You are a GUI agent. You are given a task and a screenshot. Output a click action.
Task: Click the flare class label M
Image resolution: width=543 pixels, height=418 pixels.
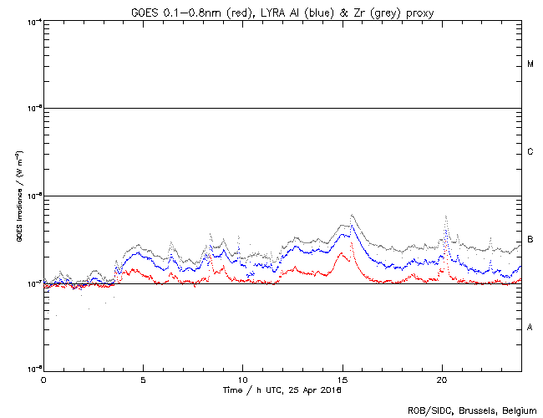tap(530, 64)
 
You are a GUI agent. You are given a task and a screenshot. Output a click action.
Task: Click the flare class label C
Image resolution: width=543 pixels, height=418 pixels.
tap(530, 152)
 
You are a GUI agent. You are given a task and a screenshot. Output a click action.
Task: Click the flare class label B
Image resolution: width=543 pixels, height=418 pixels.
tap(530, 240)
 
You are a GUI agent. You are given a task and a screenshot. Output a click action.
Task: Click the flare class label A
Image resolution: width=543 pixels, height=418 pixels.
tap(530, 327)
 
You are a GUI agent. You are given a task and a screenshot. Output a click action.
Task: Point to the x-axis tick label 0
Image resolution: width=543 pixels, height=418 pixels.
tap(43, 379)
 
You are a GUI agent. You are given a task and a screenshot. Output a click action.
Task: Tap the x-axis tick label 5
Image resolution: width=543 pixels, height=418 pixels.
tap(143, 379)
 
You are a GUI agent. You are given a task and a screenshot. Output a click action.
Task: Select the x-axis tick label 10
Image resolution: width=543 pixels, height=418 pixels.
tap(242, 379)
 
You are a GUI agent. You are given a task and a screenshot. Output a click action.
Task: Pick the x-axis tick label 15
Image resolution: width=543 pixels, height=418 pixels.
tap(343, 379)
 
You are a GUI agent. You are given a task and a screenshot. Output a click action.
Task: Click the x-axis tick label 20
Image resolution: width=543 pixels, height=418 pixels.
tap(442, 379)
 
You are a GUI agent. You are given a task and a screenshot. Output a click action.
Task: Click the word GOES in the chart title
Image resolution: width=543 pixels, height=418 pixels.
tap(145, 11)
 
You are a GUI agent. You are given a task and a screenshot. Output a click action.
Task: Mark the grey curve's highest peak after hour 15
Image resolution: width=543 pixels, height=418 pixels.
tap(353, 215)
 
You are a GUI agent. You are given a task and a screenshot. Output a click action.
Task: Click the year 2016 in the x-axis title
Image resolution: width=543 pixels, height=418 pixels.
tap(330, 390)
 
